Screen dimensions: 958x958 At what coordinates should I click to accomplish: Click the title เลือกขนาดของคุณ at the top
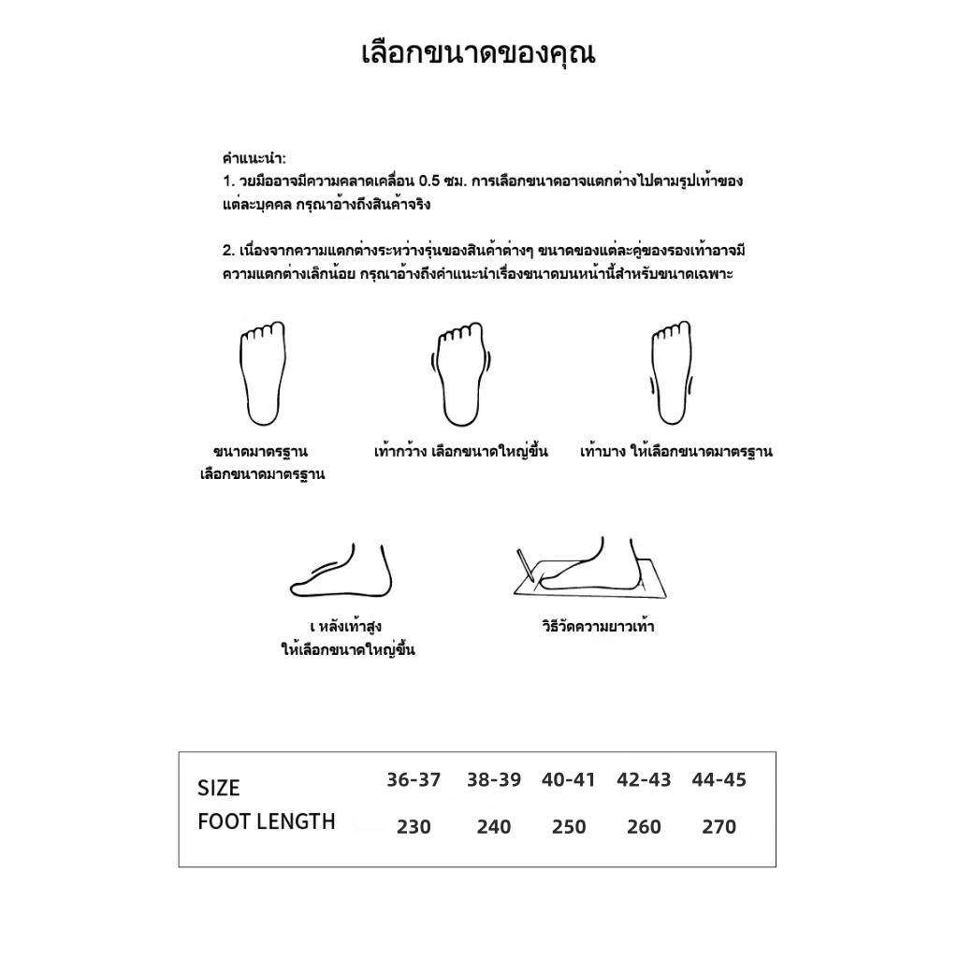[478, 53]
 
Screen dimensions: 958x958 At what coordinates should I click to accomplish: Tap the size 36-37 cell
[414, 779]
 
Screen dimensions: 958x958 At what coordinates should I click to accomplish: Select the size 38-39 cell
[494, 779]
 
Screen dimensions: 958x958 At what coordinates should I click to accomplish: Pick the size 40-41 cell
[568, 779]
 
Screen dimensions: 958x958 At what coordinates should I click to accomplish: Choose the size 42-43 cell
[644, 779]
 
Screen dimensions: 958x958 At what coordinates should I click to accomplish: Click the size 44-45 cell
[718, 779]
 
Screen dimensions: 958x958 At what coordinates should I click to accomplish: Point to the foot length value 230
[414, 827]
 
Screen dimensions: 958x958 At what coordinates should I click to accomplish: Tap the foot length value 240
[494, 827]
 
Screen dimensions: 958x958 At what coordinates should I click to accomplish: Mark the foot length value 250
[568, 827]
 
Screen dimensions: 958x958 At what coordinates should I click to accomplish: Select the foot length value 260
[644, 827]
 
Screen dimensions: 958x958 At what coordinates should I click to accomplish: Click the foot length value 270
[718, 827]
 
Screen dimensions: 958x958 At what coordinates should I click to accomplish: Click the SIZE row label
[219, 789]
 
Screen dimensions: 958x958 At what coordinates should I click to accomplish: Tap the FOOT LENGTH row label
[267, 822]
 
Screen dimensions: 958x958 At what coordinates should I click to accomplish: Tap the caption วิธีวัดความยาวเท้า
[598, 627]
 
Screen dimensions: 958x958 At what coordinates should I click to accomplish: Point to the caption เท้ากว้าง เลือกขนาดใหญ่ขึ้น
[461, 452]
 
